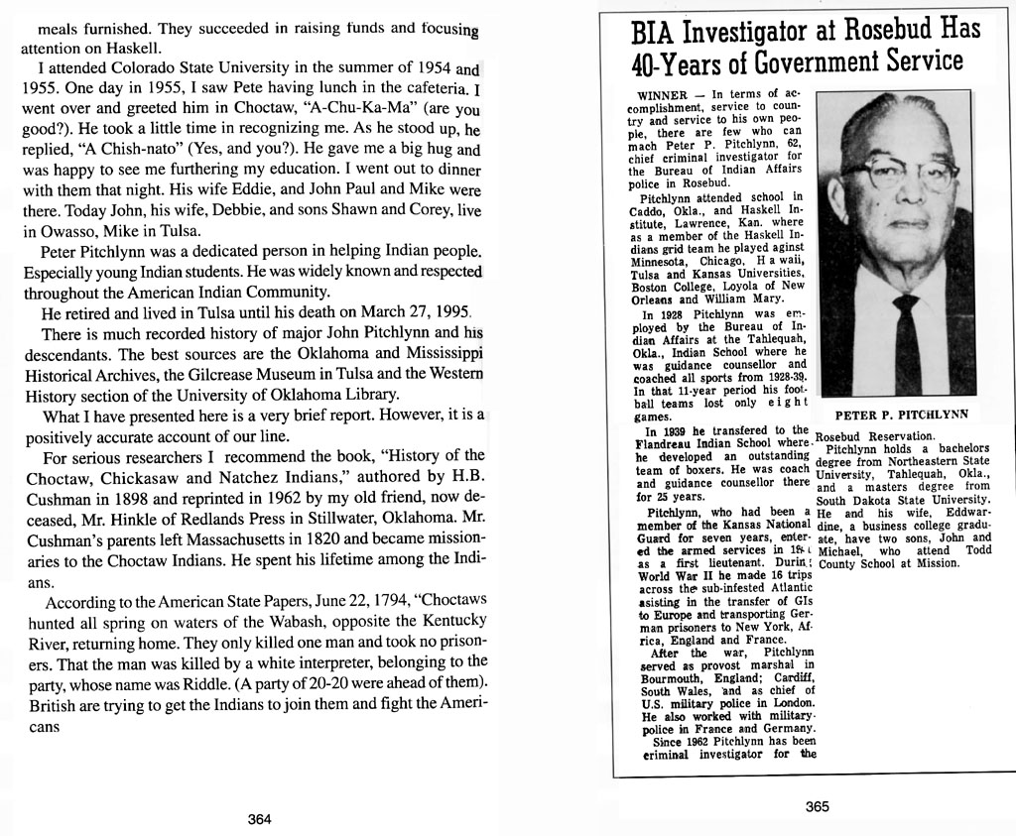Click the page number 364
(259, 819)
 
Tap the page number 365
(817, 807)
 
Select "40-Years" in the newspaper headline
(685, 64)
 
